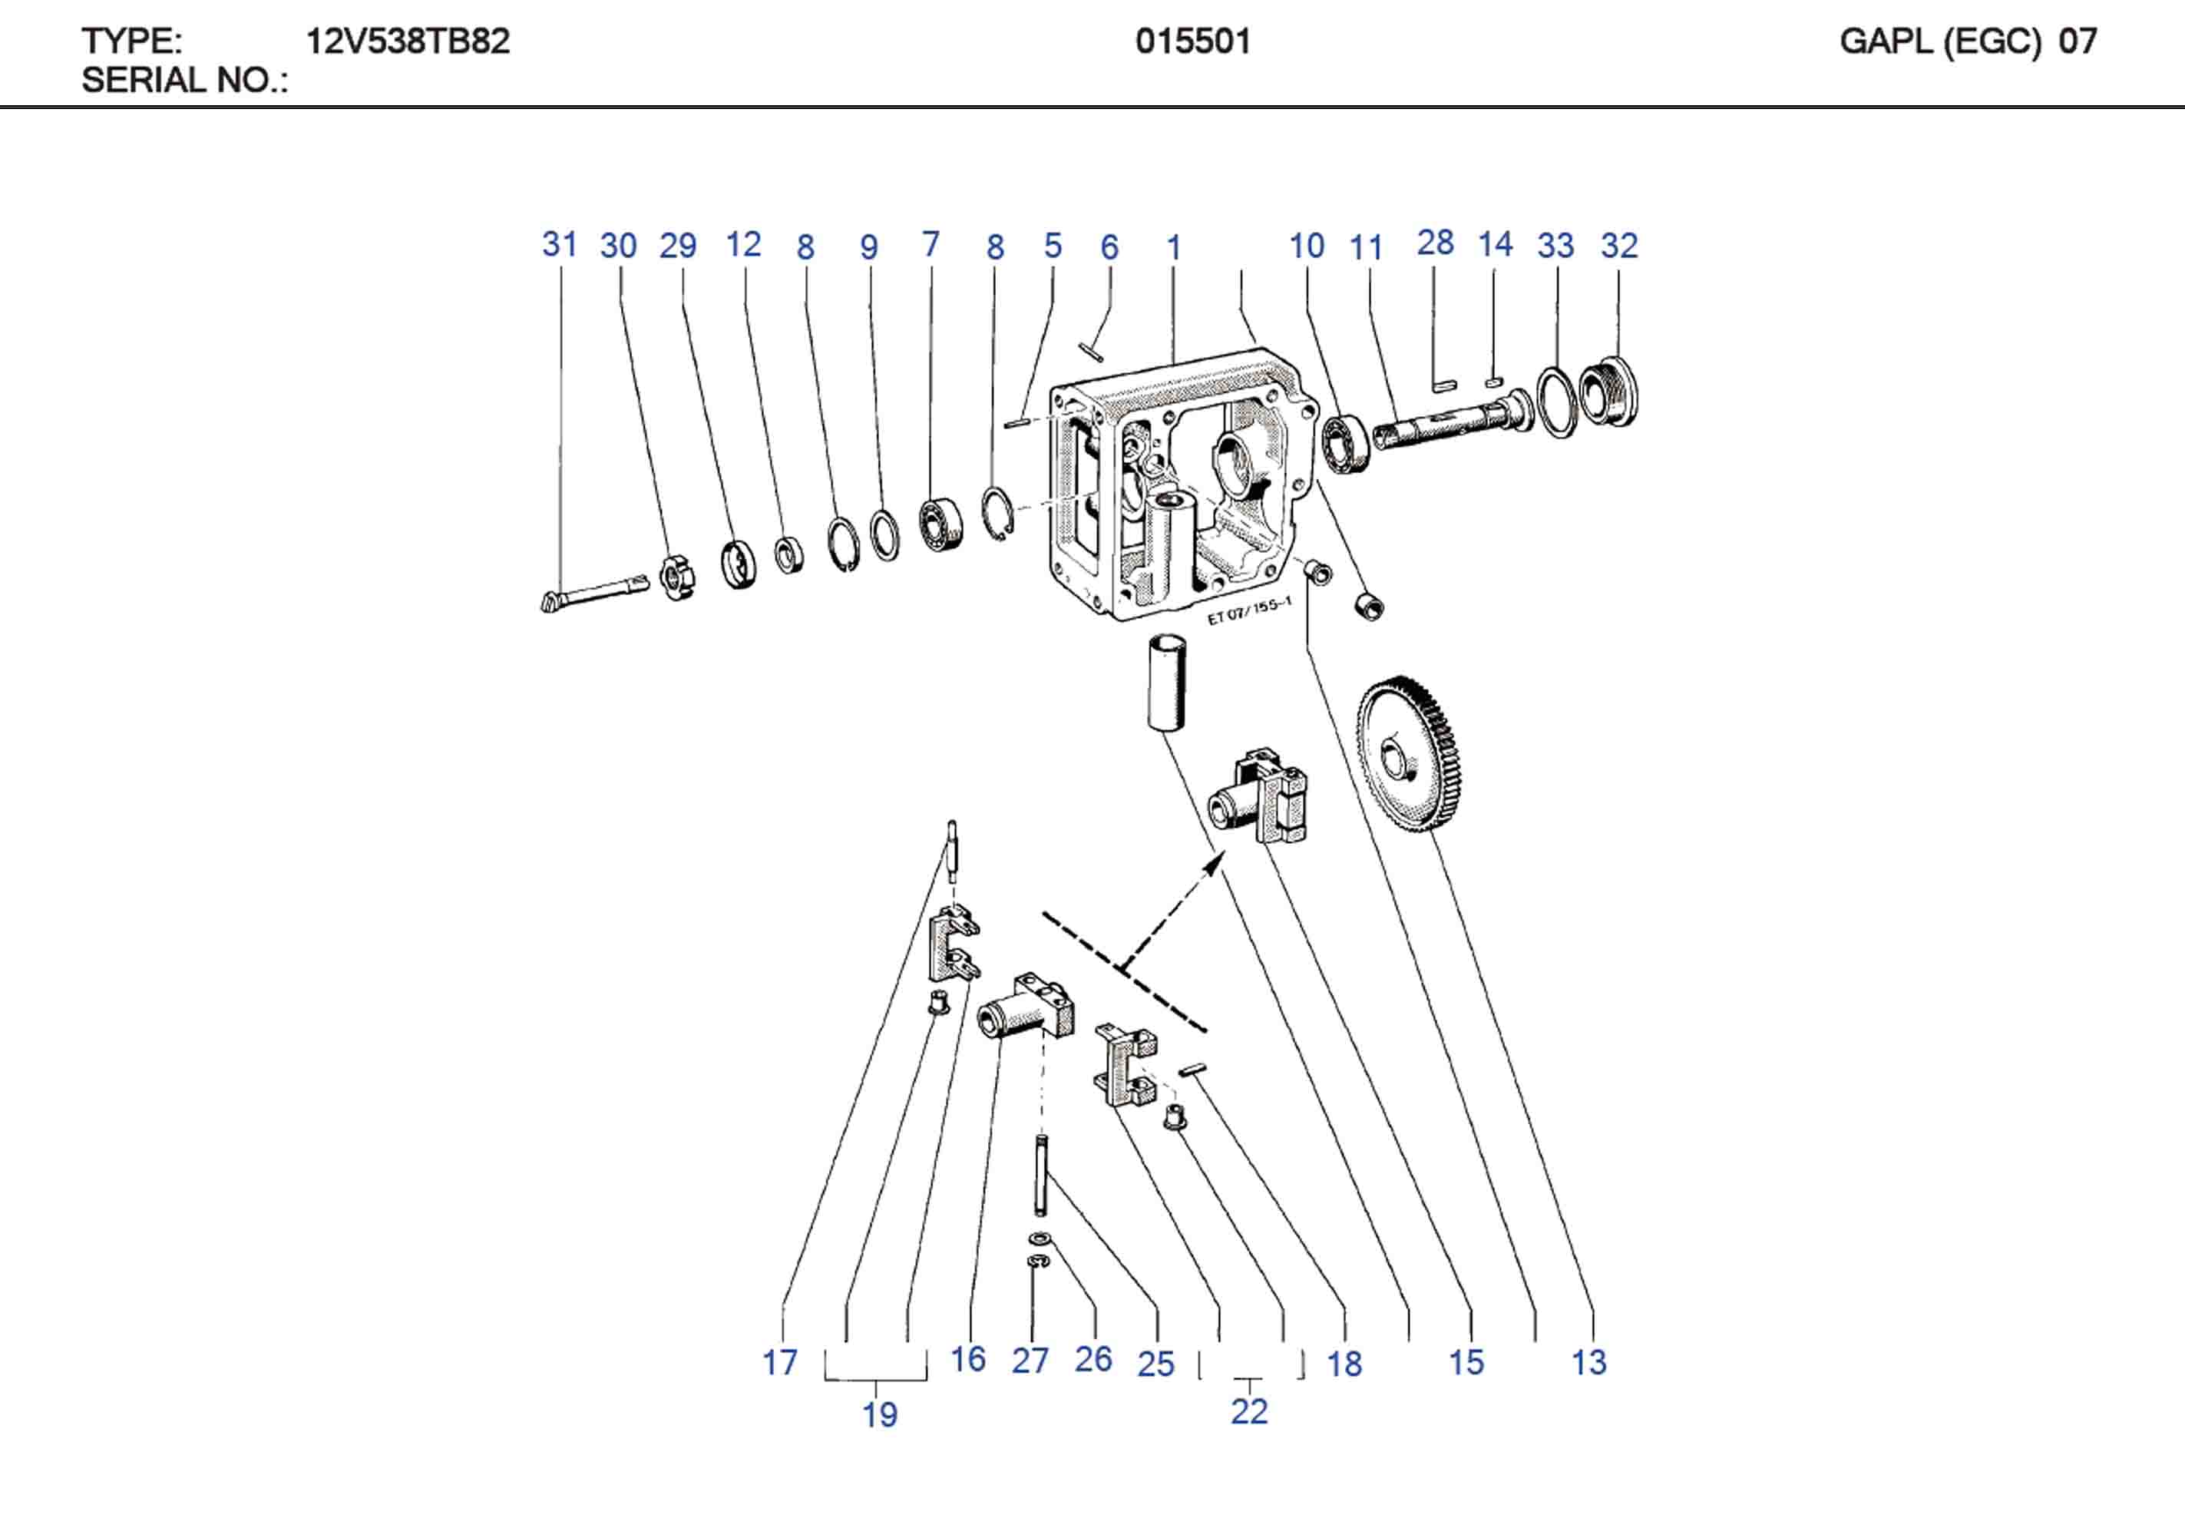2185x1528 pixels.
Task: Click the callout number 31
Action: click(x=560, y=245)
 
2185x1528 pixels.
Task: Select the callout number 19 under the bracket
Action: click(x=879, y=1414)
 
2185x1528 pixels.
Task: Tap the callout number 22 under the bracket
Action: click(x=1248, y=1411)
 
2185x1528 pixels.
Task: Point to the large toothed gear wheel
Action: click(x=1410, y=753)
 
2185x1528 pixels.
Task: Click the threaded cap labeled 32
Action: click(x=1609, y=392)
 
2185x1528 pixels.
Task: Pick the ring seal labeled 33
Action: click(x=1557, y=402)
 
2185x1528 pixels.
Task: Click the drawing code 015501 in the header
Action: click(x=1192, y=41)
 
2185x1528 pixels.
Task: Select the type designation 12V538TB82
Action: click(x=408, y=41)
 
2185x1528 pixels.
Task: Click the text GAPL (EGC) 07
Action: click(x=1967, y=41)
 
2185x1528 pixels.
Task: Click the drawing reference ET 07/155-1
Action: click(x=1248, y=610)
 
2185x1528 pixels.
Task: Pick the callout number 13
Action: click(x=1588, y=1362)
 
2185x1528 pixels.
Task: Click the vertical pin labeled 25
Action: click(x=1041, y=1175)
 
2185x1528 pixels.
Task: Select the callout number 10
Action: click(x=1306, y=246)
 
